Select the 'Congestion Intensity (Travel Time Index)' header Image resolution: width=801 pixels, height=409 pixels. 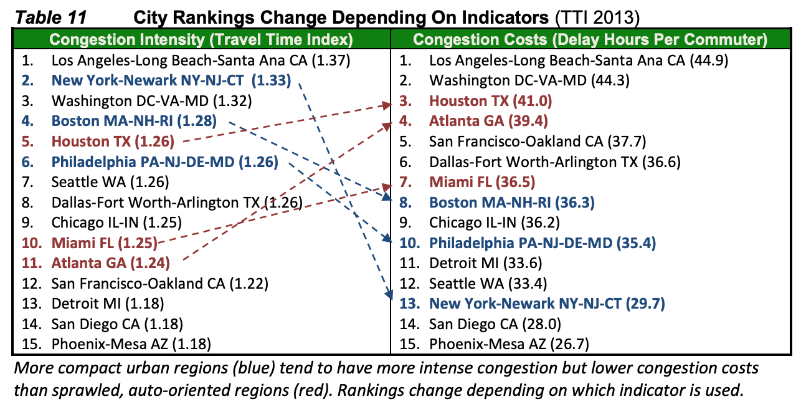click(201, 40)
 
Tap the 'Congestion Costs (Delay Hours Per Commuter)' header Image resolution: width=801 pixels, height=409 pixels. click(590, 40)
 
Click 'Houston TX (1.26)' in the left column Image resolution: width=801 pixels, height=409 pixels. click(113, 141)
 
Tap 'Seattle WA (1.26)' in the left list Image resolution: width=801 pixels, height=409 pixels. click(110, 181)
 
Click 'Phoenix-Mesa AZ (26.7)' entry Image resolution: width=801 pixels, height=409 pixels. click(509, 344)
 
